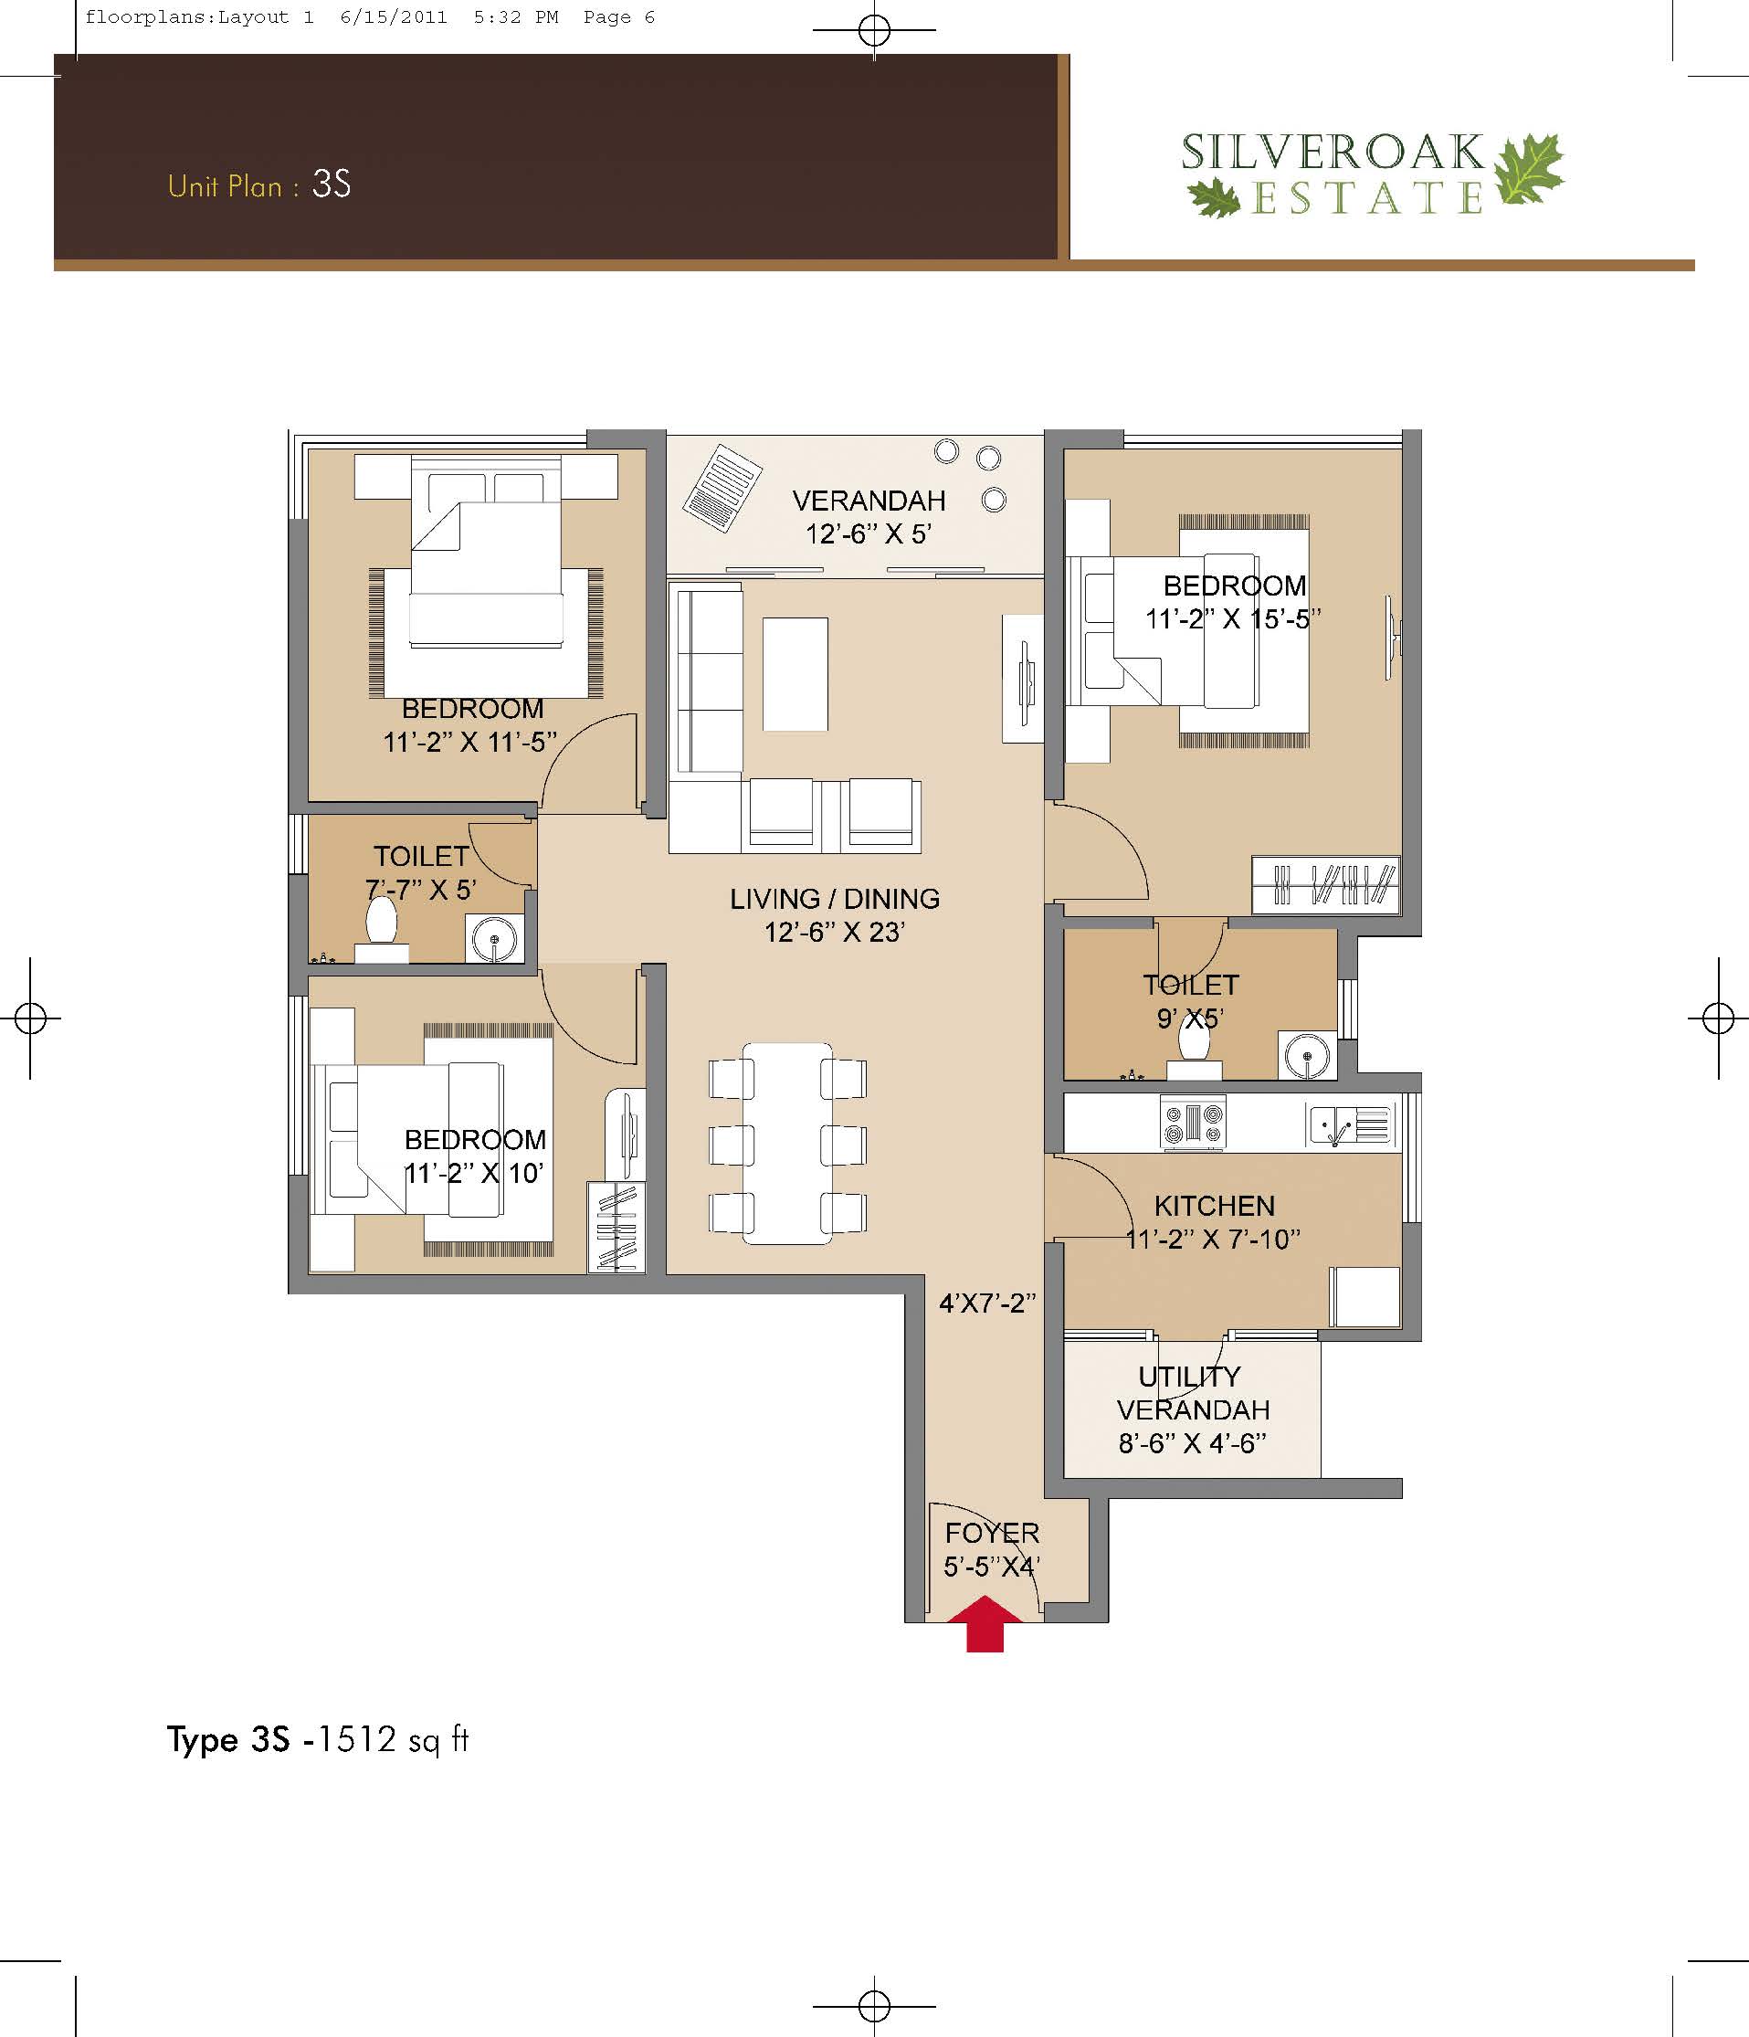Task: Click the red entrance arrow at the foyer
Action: pyautogui.click(x=985, y=1626)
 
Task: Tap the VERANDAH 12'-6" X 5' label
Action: pyautogui.click(x=869, y=517)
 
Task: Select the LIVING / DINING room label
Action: pyautogui.click(x=835, y=899)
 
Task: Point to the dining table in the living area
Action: pyautogui.click(x=787, y=1144)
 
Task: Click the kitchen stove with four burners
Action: pyautogui.click(x=1194, y=1123)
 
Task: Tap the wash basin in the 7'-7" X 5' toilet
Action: pyautogui.click(x=494, y=940)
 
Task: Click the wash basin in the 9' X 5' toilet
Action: pyautogui.click(x=1307, y=1057)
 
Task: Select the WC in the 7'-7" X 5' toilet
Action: pyautogui.click(x=382, y=930)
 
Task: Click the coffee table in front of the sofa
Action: pyautogui.click(x=795, y=673)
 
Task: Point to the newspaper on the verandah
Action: pyautogui.click(x=723, y=489)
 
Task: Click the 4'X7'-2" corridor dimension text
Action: pyautogui.click(x=988, y=1303)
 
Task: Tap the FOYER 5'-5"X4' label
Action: pyautogui.click(x=992, y=1549)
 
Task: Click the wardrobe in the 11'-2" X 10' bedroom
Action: pyautogui.click(x=616, y=1228)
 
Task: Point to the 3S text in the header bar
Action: pyautogui.click(x=332, y=185)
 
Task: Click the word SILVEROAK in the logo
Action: pyautogui.click(x=1333, y=153)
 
